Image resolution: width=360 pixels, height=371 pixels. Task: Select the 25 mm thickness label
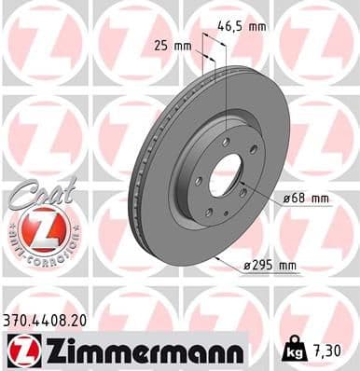[x=173, y=45]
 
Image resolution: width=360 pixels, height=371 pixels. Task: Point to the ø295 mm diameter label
[x=270, y=266]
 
